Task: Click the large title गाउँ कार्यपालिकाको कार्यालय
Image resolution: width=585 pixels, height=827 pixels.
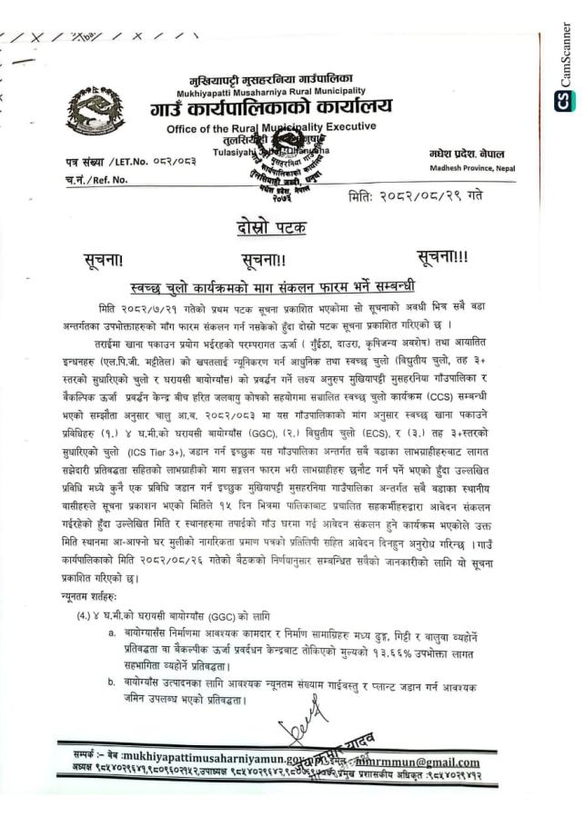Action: pyautogui.click(x=272, y=109)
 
